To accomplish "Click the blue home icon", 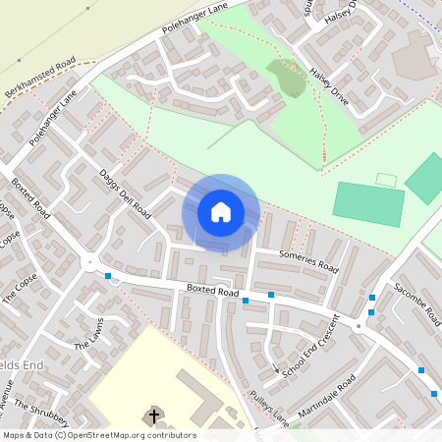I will [x=221, y=212].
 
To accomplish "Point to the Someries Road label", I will [x=307, y=261].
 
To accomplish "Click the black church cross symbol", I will [x=154, y=416].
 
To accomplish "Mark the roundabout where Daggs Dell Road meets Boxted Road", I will [x=90, y=263].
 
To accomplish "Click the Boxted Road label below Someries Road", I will [x=213, y=292].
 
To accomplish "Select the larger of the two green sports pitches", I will [x=368, y=203].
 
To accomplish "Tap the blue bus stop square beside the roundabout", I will [x=107, y=276].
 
